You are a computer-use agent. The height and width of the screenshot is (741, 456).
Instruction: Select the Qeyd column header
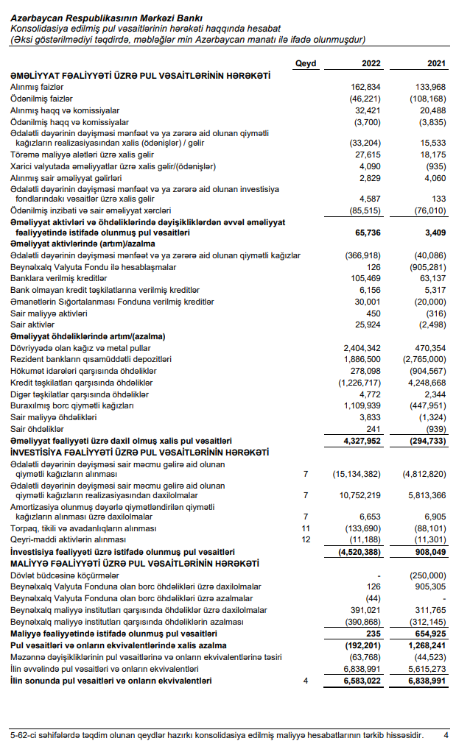pos(305,64)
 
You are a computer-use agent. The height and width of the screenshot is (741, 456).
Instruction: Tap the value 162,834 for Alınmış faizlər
pos(365,87)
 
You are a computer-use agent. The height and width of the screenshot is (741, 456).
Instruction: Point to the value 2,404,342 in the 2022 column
pos(360,347)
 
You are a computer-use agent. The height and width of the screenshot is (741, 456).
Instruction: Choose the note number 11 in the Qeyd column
pos(305,529)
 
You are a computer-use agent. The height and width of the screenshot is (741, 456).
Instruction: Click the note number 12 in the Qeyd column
pos(305,540)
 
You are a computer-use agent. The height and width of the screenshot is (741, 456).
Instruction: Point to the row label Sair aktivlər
pos(32,325)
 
